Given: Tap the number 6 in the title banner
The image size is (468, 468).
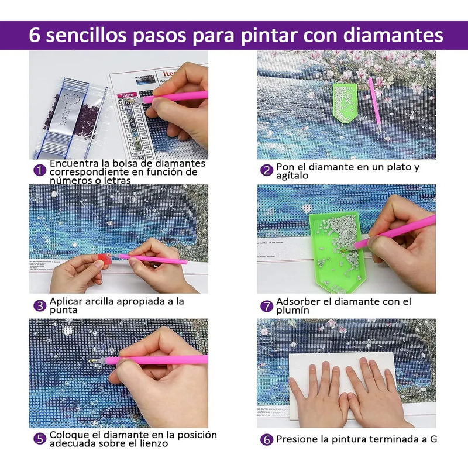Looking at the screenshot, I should [35, 35].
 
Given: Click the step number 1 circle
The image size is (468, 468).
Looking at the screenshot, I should [39, 171].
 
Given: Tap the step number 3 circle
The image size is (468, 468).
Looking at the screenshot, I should [39, 305].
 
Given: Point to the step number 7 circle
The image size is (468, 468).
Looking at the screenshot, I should [267, 305].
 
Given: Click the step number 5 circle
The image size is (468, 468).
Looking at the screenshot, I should [39, 439].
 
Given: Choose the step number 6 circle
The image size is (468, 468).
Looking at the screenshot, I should [267, 439].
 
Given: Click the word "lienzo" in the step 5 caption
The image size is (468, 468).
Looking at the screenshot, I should [153, 443].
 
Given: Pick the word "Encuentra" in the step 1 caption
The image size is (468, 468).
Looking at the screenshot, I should [73, 163].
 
